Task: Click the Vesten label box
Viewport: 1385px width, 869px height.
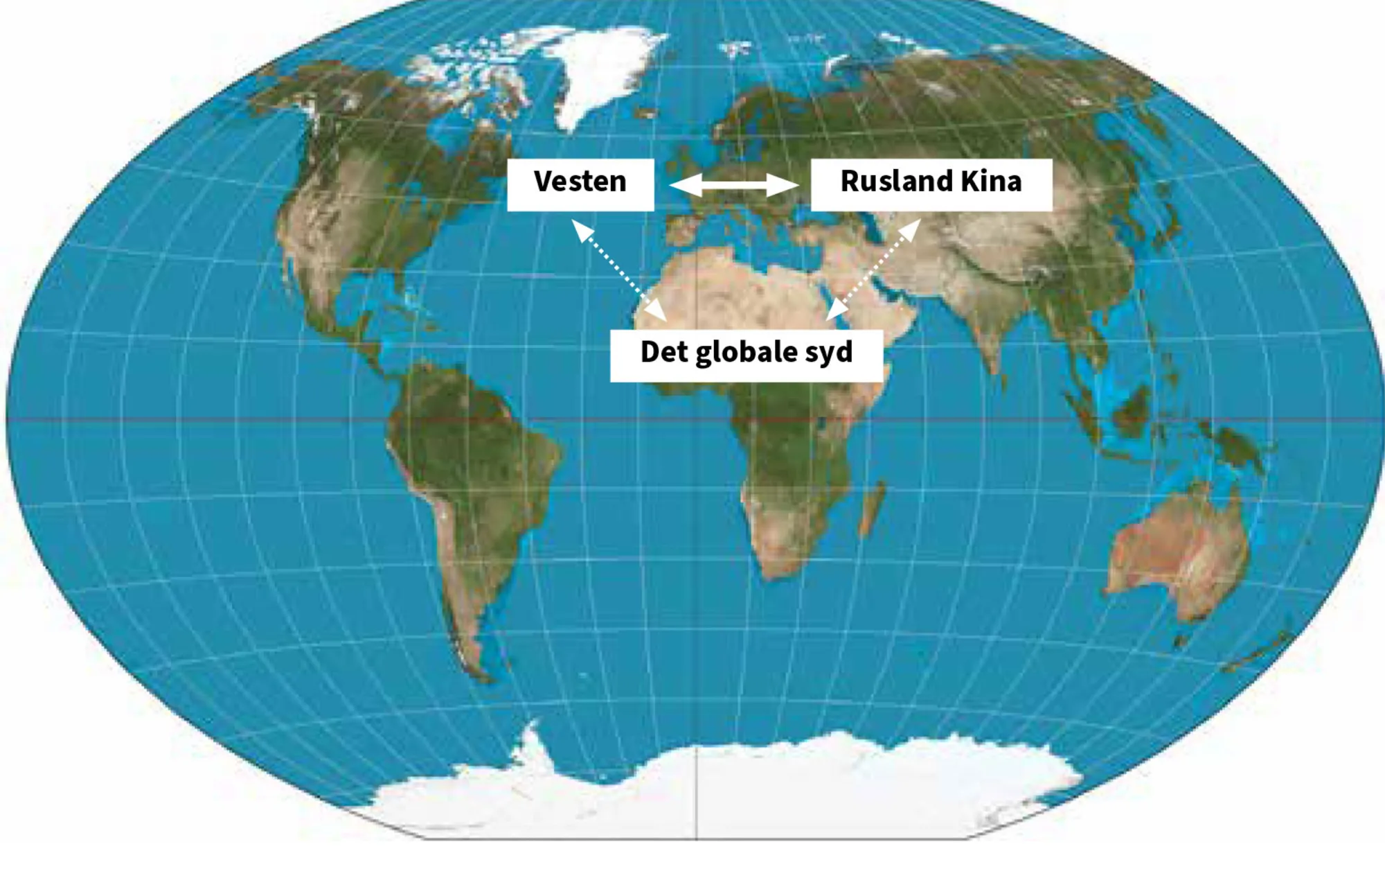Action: click(x=580, y=184)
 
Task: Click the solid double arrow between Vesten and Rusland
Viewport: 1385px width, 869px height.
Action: click(x=734, y=184)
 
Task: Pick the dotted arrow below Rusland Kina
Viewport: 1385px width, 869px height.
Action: click(x=874, y=270)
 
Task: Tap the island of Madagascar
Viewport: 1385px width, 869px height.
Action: click(x=873, y=509)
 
